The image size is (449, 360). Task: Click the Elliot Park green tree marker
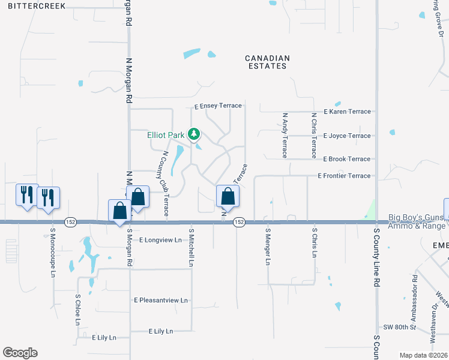click(194, 134)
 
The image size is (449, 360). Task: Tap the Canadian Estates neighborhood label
click(268, 62)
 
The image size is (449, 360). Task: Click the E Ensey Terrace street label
click(218, 106)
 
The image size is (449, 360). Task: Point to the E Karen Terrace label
click(347, 112)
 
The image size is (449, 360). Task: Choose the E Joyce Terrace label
click(347, 136)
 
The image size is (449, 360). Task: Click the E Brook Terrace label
click(346, 159)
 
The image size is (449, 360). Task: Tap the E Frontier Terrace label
click(344, 176)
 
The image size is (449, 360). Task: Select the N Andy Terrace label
click(285, 134)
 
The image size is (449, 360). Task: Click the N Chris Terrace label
click(313, 134)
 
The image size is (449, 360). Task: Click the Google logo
click(20, 353)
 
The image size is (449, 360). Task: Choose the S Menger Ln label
click(268, 246)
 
